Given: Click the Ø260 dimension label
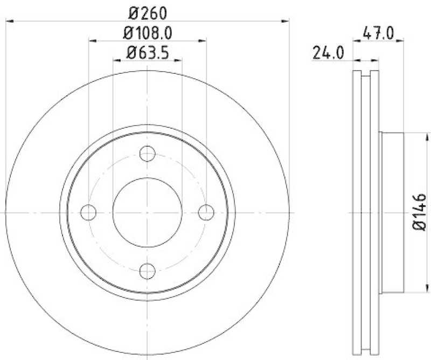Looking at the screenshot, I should click(148, 11).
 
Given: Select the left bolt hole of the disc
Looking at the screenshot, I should click(88, 212).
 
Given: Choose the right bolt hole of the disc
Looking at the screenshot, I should click(206, 212).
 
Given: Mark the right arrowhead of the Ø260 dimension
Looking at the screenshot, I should click(286, 21).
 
